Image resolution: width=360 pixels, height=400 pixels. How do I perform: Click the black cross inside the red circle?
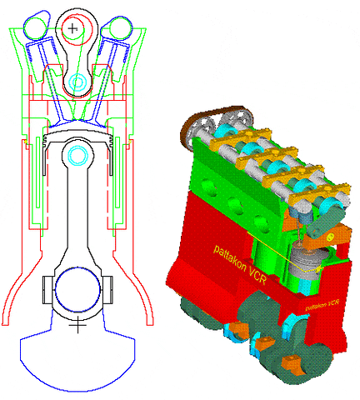click(72, 28)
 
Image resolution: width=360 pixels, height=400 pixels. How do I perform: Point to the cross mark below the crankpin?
click(77, 324)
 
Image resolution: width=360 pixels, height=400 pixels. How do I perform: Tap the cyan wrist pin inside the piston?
click(77, 155)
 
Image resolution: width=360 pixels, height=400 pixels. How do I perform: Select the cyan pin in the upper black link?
click(77, 82)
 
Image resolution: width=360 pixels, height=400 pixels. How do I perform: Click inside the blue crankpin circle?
click(77, 289)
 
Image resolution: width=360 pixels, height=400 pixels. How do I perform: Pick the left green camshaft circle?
click(36, 28)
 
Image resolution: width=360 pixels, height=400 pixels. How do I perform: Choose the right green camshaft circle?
click(121, 28)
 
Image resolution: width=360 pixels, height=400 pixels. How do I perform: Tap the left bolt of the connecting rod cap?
click(47, 290)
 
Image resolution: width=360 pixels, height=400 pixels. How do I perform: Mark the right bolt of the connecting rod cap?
click(108, 290)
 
